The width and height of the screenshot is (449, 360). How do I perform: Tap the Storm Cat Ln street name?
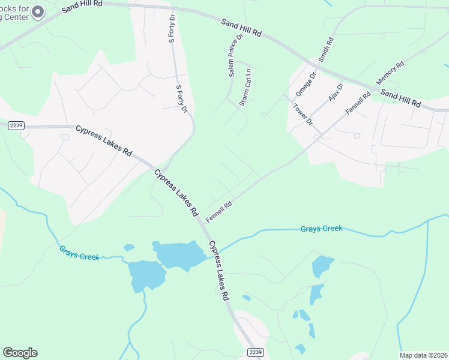point(246,88)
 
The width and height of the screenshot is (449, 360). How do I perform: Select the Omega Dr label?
point(306,85)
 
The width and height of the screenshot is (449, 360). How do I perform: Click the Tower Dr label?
point(303,115)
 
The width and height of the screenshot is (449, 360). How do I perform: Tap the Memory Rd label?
point(386,75)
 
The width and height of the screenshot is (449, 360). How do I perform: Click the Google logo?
point(20,353)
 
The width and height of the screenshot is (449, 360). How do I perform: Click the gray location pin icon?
point(38,12)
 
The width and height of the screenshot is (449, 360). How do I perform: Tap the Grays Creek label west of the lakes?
point(79,253)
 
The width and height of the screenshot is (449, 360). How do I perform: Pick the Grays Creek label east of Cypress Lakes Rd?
point(321,228)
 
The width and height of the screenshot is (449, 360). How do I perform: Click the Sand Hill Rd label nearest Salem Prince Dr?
point(241,27)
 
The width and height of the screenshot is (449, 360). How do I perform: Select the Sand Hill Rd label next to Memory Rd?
point(401,98)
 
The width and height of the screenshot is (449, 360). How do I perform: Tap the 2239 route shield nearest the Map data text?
point(256,352)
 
